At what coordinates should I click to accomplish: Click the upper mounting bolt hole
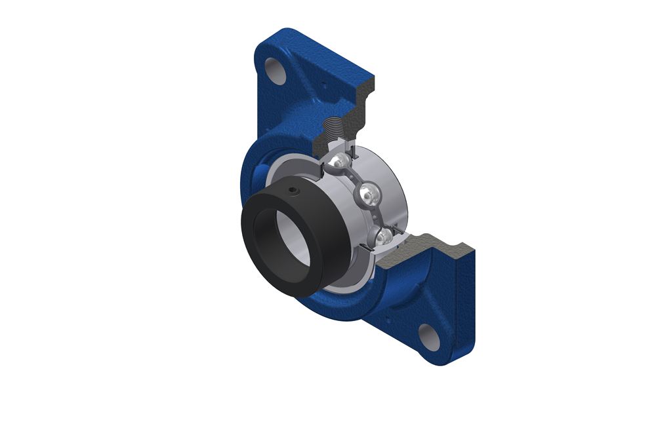click(273, 66)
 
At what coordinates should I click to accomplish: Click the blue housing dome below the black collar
click(341, 305)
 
